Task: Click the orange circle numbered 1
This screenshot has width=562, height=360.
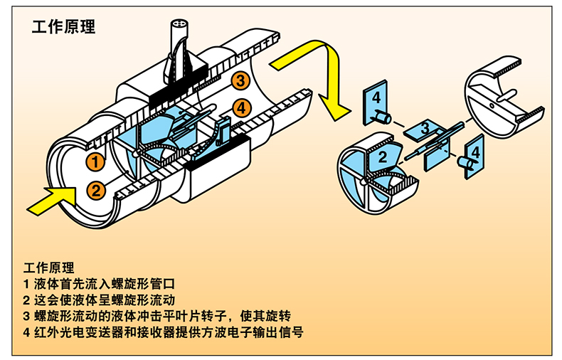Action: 95,162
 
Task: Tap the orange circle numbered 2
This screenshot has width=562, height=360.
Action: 96,191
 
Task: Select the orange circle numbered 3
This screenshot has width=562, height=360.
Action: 240,80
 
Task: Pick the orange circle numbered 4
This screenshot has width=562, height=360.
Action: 242,108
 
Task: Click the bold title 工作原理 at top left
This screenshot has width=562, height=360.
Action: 64,27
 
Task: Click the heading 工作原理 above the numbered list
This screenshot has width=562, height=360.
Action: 49,268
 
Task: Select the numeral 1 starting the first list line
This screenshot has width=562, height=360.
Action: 26,285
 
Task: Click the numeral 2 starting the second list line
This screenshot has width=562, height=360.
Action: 26,300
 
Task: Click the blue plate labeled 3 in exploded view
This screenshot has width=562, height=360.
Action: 424,129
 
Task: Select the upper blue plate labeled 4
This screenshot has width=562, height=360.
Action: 376,102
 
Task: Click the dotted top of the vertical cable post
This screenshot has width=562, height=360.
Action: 179,24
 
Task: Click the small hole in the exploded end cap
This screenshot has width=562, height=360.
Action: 492,105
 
